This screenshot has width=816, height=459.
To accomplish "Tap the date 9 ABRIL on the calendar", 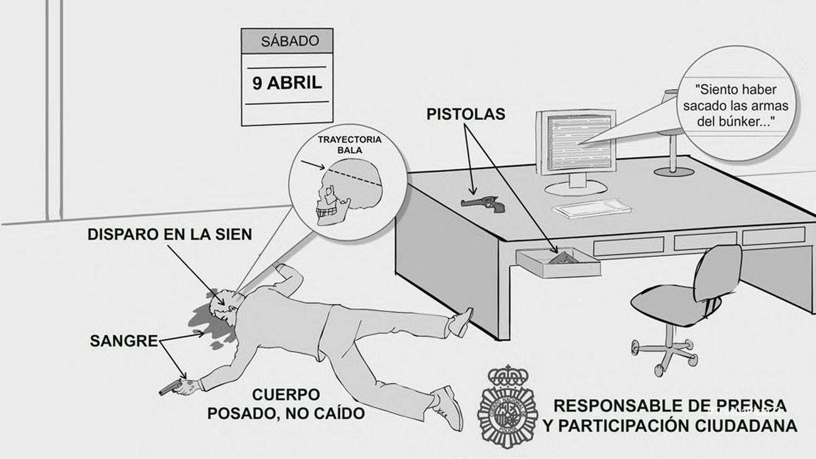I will coord(287,82).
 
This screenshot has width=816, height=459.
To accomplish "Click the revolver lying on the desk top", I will coord(481,202).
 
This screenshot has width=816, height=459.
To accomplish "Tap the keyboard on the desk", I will coord(591,207).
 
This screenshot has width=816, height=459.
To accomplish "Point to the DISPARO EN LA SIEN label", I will coord(170,234).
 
